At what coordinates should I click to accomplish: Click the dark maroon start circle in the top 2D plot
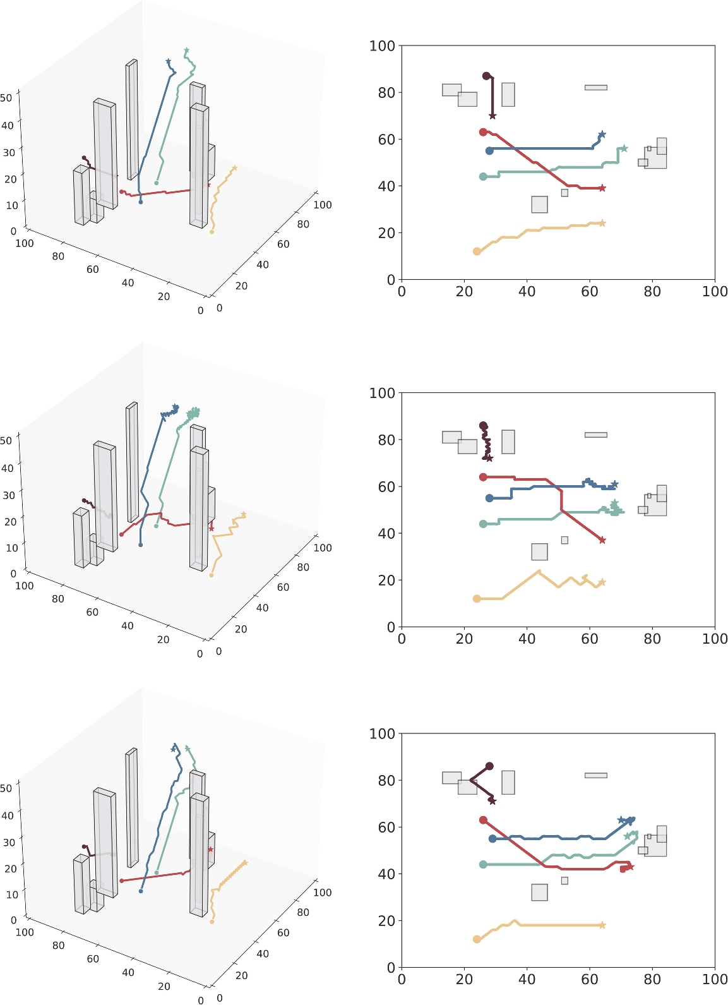(486, 76)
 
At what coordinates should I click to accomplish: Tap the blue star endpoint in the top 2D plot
(602, 135)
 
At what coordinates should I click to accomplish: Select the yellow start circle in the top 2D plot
(477, 251)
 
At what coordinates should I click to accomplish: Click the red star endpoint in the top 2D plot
(602, 188)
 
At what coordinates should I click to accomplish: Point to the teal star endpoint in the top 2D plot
(624, 148)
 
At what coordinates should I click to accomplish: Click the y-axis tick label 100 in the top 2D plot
(382, 45)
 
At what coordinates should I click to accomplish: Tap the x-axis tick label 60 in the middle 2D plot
(589, 639)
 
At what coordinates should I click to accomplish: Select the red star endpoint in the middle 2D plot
(602, 540)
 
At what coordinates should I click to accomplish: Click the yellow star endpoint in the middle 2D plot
(602, 582)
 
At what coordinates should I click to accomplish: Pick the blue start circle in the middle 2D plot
(489, 498)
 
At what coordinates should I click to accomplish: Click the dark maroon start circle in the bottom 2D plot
(489, 766)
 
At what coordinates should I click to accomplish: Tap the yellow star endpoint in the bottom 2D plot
(602, 925)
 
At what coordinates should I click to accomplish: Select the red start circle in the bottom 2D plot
(483, 820)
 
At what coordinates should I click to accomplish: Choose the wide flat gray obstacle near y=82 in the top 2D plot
(595, 88)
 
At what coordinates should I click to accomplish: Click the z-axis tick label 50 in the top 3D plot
(6, 98)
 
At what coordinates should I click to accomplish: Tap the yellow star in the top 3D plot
(234, 168)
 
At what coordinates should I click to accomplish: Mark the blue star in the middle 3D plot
(175, 407)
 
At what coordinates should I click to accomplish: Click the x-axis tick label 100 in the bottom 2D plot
(714, 979)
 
